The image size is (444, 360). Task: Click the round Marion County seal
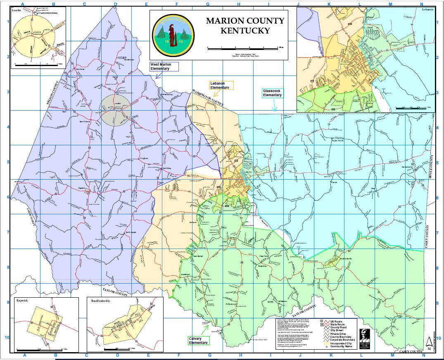point(173,35)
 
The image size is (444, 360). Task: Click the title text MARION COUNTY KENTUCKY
point(245,26)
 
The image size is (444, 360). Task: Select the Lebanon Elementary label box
point(221,85)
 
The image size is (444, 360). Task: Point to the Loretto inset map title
point(17,9)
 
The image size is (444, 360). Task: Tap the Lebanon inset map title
point(427,9)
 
